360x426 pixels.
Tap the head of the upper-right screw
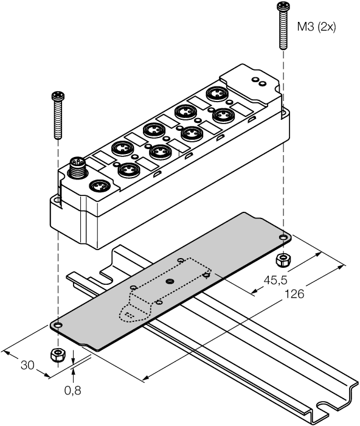(x=282, y=7)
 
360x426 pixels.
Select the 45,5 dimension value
(x=273, y=281)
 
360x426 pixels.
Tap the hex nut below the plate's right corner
(x=282, y=260)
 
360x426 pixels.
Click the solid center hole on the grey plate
(x=170, y=281)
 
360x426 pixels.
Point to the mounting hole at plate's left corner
(x=57, y=326)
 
